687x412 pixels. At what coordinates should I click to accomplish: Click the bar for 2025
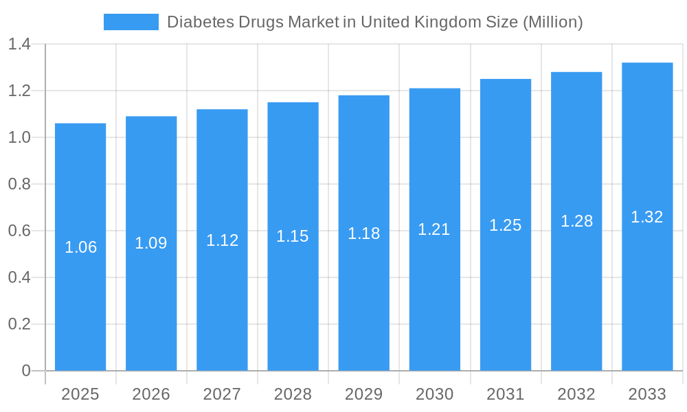[x=80, y=288]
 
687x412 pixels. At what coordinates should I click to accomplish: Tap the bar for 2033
[x=647, y=288]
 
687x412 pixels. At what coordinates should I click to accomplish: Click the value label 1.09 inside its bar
[x=151, y=243]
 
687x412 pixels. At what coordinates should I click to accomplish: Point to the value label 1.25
[x=506, y=225]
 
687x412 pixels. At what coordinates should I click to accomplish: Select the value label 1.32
[x=647, y=217]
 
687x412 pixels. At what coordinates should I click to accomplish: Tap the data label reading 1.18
[x=363, y=233]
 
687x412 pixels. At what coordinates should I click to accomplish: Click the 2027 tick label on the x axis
[x=222, y=394]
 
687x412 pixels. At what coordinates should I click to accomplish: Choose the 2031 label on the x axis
[x=506, y=394]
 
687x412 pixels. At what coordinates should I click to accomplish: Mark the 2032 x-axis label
[x=576, y=394]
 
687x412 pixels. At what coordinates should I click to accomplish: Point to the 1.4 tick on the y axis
[x=19, y=45]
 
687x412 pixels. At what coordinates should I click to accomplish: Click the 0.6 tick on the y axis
[x=19, y=231]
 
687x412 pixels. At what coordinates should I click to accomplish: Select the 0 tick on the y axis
[x=26, y=371]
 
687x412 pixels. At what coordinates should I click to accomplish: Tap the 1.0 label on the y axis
[x=19, y=138]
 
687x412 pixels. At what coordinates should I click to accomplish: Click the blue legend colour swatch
[x=131, y=22]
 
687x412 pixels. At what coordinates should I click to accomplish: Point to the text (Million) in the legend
[x=553, y=22]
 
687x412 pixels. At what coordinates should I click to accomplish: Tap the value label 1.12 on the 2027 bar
[x=222, y=240]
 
